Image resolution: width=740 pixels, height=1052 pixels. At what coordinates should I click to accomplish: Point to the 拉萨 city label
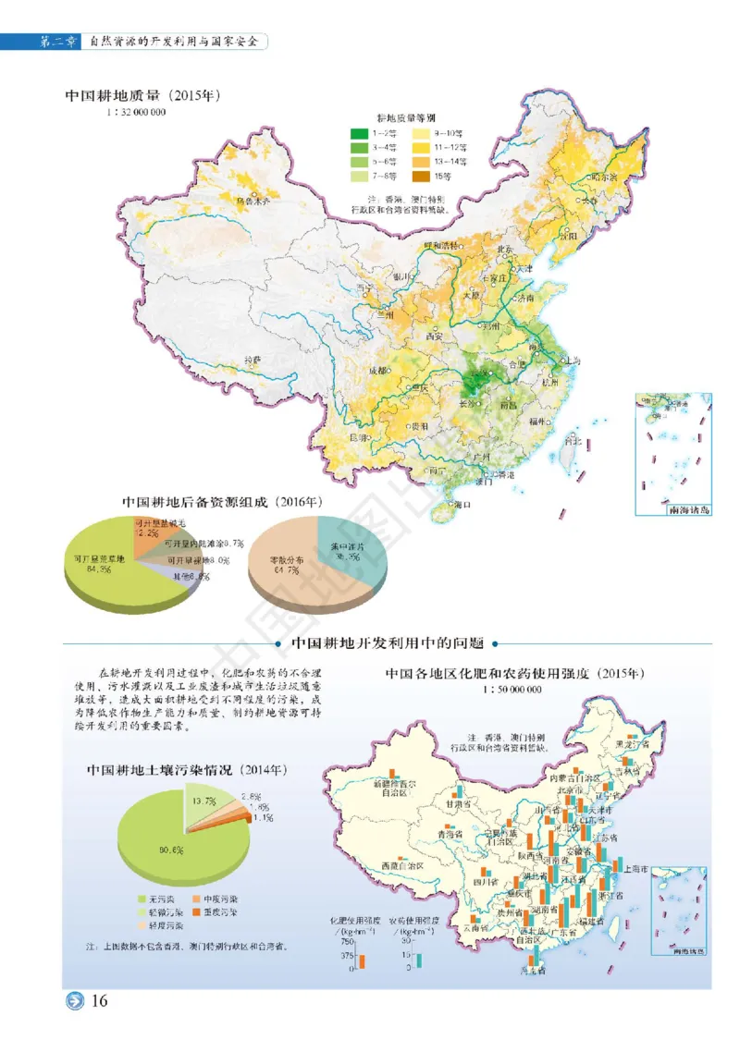(x=253, y=359)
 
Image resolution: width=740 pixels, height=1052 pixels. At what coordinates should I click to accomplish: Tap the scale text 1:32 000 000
(x=137, y=112)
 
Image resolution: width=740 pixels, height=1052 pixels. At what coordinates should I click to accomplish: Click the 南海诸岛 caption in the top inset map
(x=684, y=509)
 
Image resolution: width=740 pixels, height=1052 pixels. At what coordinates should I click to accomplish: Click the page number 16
(x=100, y=1000)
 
